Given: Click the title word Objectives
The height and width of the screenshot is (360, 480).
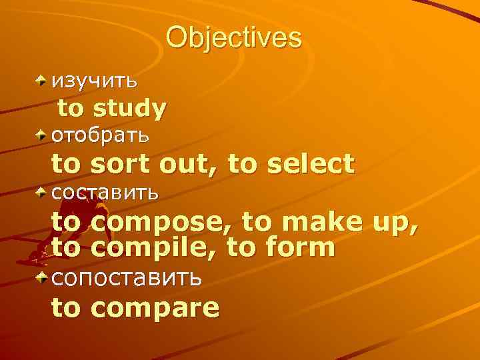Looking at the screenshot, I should pyautogui.click(x=233, y=38).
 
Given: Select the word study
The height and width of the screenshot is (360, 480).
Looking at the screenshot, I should pyautogui.click(x=130, y=108).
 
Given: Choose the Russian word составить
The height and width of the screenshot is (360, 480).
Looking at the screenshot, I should pyautogui.click(x=105, y=193).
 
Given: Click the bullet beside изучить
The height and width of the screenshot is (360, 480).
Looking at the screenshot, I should pyautogui.click(x=42, y=81).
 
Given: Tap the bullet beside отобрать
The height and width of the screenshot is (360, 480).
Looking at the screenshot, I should pyautogui.click(x=42, y=135).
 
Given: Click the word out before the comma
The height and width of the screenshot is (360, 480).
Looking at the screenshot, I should pyautogui.click(x=186, y=164).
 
